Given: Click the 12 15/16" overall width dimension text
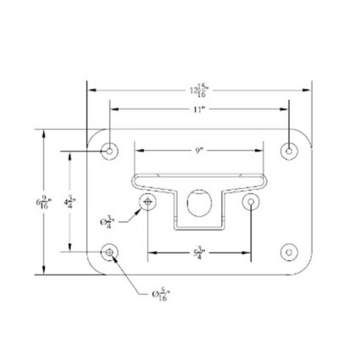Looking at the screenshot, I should [x=200, y=90].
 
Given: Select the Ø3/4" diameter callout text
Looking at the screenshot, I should [x=108, y=220].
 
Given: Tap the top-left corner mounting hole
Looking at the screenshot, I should [x=109, y=151].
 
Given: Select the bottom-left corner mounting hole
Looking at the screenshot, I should [x=109, y=252].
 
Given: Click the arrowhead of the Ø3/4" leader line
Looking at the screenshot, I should [x=141, y=208].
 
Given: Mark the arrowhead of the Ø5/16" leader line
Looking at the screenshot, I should [x=116, y=259].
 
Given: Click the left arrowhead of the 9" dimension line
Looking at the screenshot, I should [x=138, y=151].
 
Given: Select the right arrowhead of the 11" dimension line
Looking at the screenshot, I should [x=288, y=110].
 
